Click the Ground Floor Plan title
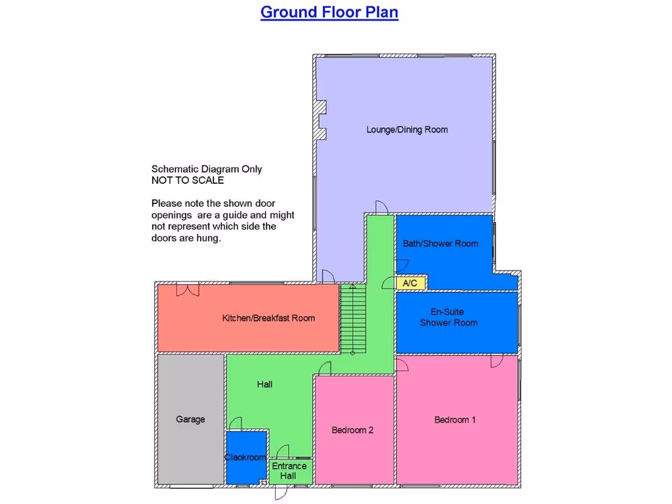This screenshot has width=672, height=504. [329, 12]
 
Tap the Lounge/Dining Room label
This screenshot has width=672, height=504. [407, 130]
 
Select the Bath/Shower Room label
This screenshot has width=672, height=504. [440, 243]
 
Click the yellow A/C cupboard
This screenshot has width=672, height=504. [411, 283]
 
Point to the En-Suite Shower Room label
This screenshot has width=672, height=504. [449, 318]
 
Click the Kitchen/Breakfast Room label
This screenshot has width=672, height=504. [268, 318]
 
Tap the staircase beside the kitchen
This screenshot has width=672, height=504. [352, 319]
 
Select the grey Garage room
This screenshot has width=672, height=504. [190, 419]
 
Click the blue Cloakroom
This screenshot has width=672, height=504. [245, 457]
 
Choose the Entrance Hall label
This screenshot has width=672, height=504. [289, 471]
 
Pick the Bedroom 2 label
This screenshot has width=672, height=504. [352, 430]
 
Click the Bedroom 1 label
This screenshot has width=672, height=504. [455, 420]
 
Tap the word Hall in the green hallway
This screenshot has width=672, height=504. [264, 385]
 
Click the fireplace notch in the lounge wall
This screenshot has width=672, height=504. [321, 119]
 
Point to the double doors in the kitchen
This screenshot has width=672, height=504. [188, 290]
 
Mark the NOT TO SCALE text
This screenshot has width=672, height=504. [188, 180]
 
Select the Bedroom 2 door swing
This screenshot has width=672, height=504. [324, 369]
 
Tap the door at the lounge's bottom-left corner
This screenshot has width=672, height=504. [326, 276]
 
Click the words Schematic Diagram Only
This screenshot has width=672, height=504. [207, 169]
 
